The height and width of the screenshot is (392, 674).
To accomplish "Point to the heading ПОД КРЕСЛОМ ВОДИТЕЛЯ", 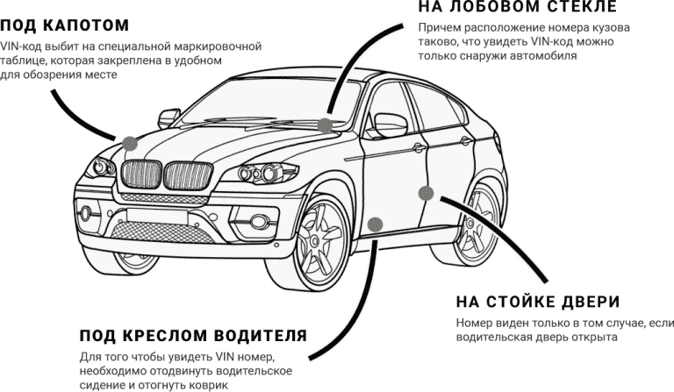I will coord(193,336).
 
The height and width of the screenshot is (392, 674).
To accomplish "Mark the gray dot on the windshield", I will coord(326,125).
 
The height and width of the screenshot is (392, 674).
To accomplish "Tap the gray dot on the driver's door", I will coord(376,224).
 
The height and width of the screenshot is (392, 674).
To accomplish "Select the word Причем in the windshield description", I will coord(439,27).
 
